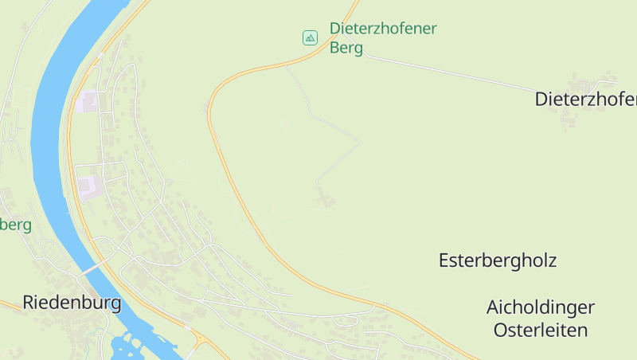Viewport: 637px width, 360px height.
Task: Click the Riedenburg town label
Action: click(72, 303)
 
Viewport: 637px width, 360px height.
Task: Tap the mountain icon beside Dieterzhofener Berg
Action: click(310, 37)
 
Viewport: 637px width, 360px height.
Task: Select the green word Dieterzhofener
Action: click(383, 29)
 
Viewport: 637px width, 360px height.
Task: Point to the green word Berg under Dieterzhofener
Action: click(346, 48)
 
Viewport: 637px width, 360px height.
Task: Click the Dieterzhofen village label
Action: click(586, 100)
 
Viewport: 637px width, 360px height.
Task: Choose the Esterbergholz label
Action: click(498, 260)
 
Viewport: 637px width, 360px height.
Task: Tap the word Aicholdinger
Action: click(541, 307)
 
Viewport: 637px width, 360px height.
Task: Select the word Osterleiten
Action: click(541, 330)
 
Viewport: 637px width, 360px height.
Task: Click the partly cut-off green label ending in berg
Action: click(15, 225)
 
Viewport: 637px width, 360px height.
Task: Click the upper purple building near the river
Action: click(89, 101)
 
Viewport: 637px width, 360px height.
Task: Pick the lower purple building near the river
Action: click(88, 186)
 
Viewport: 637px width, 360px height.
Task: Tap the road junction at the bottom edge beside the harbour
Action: click(197, 342)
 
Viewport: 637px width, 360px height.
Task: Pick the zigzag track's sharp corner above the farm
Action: click(361, 143)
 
